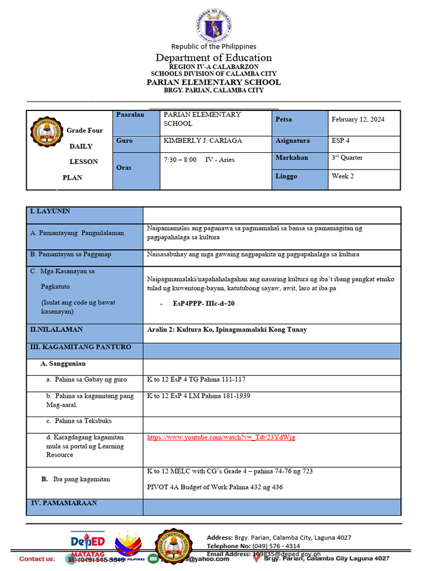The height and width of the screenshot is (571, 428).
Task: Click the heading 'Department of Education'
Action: tap(213, 58)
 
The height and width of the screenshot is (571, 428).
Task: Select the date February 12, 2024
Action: tap(358, 119)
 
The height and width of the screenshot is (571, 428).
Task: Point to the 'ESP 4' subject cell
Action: tap(340, 141)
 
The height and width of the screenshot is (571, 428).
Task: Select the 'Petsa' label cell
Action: tap(284, 119)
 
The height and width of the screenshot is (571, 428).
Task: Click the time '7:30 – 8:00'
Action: tap(180, 160)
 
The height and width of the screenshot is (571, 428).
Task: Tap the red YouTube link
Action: tap(221, 438)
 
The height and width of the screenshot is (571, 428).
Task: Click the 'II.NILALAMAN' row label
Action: tap(56, 330)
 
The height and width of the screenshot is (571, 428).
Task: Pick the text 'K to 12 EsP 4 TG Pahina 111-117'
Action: tap(196, 380)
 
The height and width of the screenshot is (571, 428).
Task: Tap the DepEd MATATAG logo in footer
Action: tap(87, 543)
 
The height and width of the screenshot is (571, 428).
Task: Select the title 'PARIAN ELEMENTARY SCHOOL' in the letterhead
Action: tap(213, 83)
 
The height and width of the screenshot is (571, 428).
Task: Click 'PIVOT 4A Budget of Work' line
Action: tap(215, 487)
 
